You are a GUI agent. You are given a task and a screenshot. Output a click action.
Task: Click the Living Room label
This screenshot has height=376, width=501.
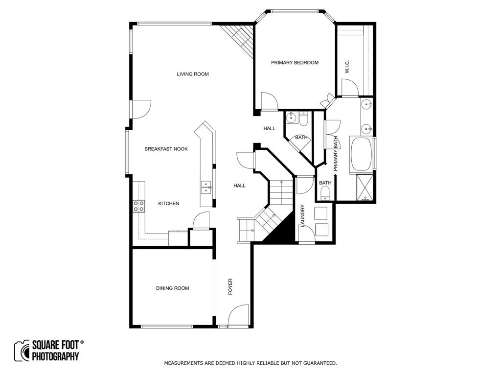(x=193, y=74)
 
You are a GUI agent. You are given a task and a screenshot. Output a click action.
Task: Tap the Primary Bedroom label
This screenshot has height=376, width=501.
(x=295, y=63)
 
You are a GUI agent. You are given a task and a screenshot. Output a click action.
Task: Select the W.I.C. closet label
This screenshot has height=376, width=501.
(x=347, y=67)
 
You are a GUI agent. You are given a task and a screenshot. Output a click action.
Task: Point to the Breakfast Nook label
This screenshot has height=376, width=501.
(x=166, y=149)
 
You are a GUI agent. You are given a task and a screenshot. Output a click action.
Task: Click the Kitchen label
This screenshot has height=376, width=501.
(x=168, y=204)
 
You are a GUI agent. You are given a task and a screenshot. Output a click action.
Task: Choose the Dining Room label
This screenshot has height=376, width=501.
(x=172, y=288)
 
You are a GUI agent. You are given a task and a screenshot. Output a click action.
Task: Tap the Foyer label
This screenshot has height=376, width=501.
(x=230, y=287)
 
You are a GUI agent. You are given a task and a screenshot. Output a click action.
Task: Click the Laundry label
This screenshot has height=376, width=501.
(x=303, y=216)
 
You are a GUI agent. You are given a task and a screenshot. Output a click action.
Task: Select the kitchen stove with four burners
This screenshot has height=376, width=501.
(x=138, y=206)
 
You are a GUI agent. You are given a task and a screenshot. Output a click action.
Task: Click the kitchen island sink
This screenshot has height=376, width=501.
(x=206, y=187)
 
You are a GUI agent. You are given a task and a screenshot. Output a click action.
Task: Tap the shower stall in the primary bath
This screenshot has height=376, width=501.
(x=366, y=188)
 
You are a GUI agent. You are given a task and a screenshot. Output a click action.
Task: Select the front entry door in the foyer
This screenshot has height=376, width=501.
(x=239, y=316)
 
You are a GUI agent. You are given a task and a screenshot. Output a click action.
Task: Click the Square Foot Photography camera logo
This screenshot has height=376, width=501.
(x=22, y=351)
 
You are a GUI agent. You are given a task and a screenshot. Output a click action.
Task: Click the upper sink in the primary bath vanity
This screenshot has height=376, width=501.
(x=366, y=105)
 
